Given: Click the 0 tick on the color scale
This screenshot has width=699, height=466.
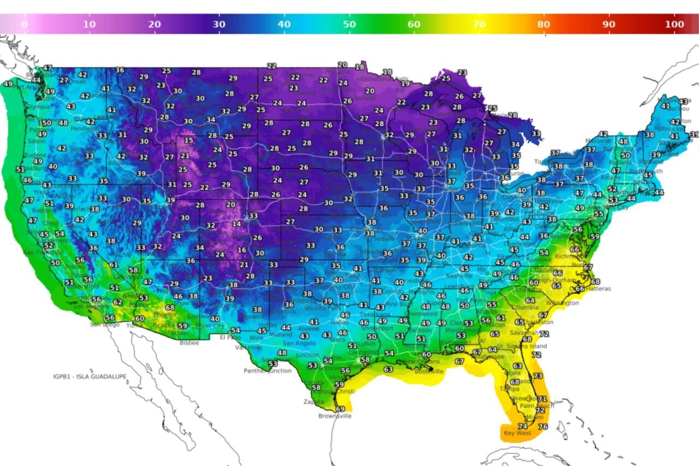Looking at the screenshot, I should click(x=24, y=25).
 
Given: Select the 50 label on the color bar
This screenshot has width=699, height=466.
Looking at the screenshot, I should click(x=349, y=25).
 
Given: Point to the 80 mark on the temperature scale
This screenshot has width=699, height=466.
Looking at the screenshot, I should click(x=543, y=25).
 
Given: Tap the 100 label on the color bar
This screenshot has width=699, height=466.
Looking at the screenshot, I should click(x=675, y=25).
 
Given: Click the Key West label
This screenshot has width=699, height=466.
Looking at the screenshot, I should click(x=517, y=433).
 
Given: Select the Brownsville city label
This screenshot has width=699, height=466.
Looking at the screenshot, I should click(x=335, y=416).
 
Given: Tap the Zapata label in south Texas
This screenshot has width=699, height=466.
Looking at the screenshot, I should click(x=313, y=402).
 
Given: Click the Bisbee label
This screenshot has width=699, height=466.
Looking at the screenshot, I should click(x=189, y=343).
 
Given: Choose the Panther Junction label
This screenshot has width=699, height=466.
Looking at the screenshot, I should click(x=268, y=371).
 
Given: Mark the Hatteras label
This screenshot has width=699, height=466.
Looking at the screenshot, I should click(x=600, y=288).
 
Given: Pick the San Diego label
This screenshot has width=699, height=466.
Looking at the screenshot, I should click(x=104, y=325).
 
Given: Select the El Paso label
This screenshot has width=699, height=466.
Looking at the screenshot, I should click(x=230, y=337).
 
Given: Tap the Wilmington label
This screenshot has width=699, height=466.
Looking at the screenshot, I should click(x=562, y=303).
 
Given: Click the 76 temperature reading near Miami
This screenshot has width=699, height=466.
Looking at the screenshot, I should click(x=543, y=427).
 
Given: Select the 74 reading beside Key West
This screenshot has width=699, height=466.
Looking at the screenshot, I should click(x=522, y=426).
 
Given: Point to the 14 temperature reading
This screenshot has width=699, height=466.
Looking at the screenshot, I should click(x=236, y=224).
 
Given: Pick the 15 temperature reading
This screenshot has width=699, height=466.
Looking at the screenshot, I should click(x=188, y=140).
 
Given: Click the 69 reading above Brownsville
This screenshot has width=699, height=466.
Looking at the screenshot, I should click(x=340, y=409).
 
